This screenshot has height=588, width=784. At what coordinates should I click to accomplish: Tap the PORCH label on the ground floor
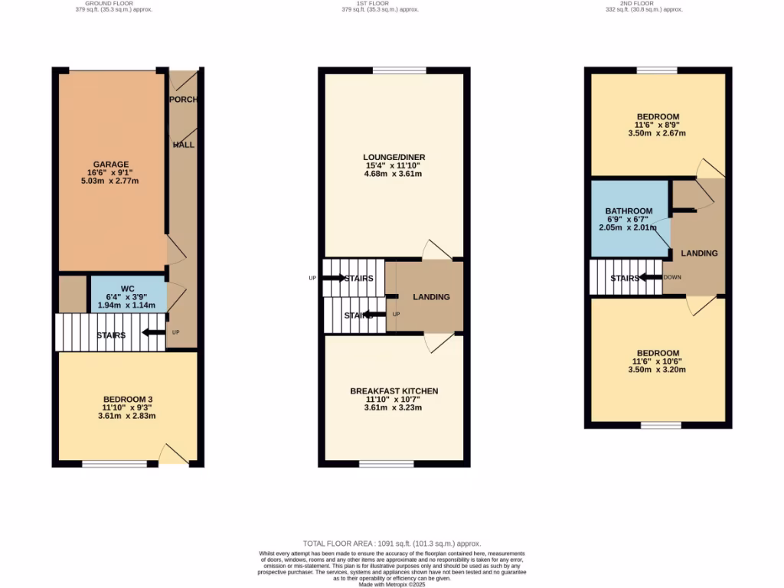(181, 99)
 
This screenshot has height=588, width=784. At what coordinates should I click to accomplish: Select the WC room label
(127, 289)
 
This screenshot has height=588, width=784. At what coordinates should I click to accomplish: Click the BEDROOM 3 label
(127, 399)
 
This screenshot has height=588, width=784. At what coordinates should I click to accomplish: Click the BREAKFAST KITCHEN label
(394, 390)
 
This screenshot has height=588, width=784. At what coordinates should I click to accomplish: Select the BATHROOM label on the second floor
(629, 211)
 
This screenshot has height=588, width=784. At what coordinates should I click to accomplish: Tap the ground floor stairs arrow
(154, 332)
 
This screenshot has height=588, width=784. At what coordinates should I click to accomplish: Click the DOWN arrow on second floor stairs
(651, 277)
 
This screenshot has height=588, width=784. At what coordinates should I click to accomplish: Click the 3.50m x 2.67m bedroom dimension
(656, 132)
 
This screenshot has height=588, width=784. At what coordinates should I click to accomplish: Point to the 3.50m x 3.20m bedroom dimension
(656, 369)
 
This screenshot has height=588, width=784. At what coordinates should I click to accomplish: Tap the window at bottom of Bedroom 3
(114, 463)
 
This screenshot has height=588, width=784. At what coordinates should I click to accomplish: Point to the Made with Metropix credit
(392, 584)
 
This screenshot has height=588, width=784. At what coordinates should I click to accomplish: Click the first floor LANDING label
(431, 297)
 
